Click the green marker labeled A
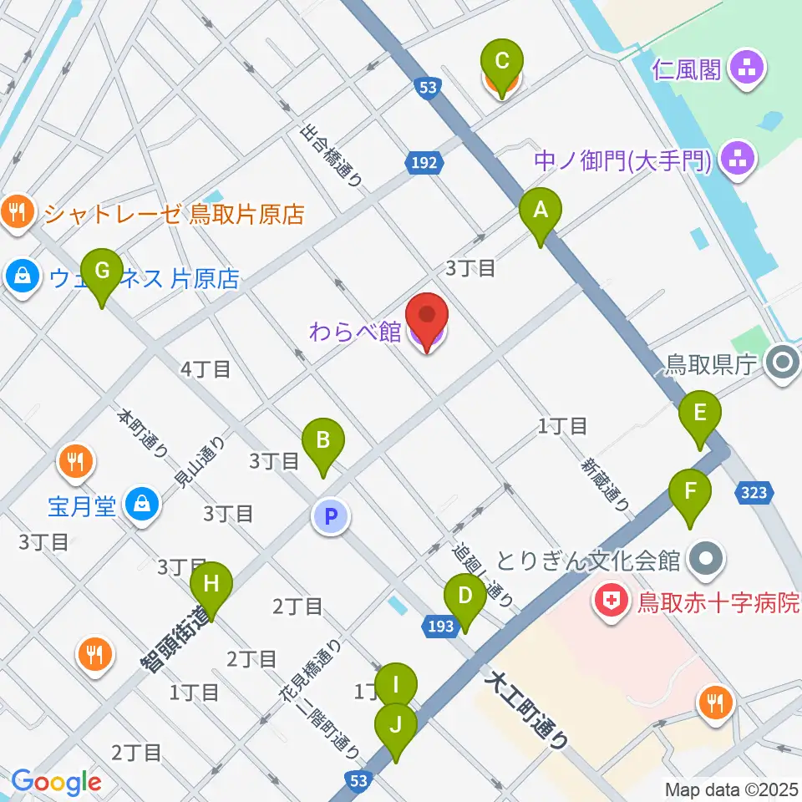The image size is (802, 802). tap(541, 211)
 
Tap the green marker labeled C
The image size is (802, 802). tap(502, 62)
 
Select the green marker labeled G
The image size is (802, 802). tap(102, 271)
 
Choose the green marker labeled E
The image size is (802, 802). tap(699, 413)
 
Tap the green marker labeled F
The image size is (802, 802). tap(689, 491)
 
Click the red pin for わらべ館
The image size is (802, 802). tap(427, 316)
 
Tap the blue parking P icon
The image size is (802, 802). tap(331, 517)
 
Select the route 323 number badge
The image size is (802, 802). tap(754, 494)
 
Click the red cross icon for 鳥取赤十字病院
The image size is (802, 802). tap(612, 601)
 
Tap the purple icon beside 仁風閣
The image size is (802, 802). tap(744, 69)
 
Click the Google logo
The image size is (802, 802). tap(57, 782)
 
